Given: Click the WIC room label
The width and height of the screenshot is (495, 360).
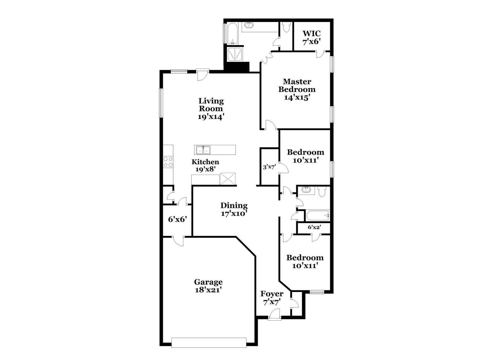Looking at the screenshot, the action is click(311, 33).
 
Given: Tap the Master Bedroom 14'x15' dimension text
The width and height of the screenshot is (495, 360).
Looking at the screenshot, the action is click(297, 98).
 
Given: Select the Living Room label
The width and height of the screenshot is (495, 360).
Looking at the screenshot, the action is click(211, 105).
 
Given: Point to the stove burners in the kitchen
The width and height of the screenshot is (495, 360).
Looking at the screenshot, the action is click(168, 162).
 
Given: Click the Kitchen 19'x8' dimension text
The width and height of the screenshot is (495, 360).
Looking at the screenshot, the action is click(206, 169).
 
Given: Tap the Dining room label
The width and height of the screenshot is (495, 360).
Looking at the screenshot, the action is click(234, 205).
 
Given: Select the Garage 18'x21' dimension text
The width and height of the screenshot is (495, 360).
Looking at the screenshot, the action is click(208, 290).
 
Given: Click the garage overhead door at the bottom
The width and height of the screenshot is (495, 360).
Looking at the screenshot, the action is click(209, 342).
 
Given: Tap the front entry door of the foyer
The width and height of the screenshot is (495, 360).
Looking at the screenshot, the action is click(274, 314).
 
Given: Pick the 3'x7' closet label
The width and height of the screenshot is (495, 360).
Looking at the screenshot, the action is click(269, 167).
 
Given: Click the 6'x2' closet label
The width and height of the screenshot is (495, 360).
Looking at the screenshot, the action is click(314, 227).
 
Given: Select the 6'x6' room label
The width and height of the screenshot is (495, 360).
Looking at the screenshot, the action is click(177, 219).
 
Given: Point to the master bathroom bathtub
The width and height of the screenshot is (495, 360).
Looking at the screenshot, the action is click(233, 33).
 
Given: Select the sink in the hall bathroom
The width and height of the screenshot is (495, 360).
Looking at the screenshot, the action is click(306, 190).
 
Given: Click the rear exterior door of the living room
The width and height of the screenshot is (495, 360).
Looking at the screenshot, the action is click(202, 75).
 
